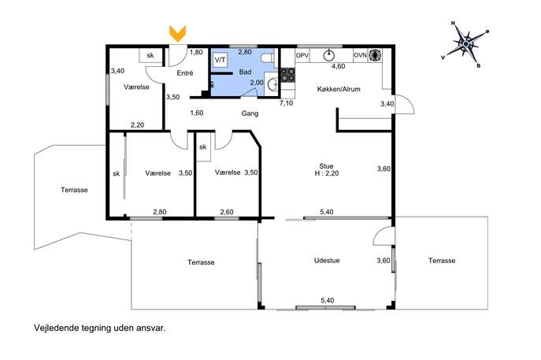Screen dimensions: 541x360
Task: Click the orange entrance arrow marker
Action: tap(177, 34)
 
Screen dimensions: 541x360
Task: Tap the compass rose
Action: tap(466, 44)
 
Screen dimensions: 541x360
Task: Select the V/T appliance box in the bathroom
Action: tap(220, 60)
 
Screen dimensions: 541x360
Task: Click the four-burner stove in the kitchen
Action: tap(287, 75)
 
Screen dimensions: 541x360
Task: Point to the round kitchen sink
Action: tap(329, 55)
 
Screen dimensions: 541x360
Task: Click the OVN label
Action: tap(360, 55)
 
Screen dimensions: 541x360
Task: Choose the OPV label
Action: tap(302, 55)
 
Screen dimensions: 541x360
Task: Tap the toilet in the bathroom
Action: tap(269, 58)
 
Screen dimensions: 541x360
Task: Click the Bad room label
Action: tap(245, 72)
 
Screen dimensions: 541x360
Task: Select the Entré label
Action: tap(184, 72)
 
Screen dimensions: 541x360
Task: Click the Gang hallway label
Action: tap(250, 113)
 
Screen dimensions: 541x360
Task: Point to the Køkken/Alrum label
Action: tap(339, 89)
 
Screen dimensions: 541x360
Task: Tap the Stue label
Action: tap(326, 166)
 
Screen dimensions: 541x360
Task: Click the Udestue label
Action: tap(327, 260)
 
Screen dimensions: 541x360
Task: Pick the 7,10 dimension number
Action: tap(286, 103)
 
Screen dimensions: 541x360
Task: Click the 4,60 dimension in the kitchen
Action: tap(338, 66)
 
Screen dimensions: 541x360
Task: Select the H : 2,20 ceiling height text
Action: tap(326, 173)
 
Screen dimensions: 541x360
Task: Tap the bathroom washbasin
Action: tap(272, 84)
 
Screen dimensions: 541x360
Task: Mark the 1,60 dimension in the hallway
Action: tap(197, 113)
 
